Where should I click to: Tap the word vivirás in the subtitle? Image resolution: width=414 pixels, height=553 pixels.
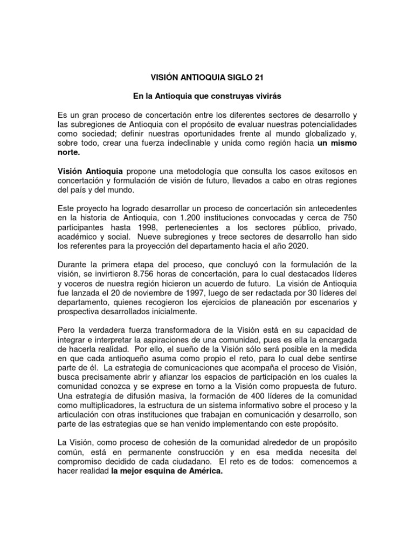[x=264, y=96]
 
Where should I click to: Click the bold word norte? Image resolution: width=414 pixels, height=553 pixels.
[x=69, y=153]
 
